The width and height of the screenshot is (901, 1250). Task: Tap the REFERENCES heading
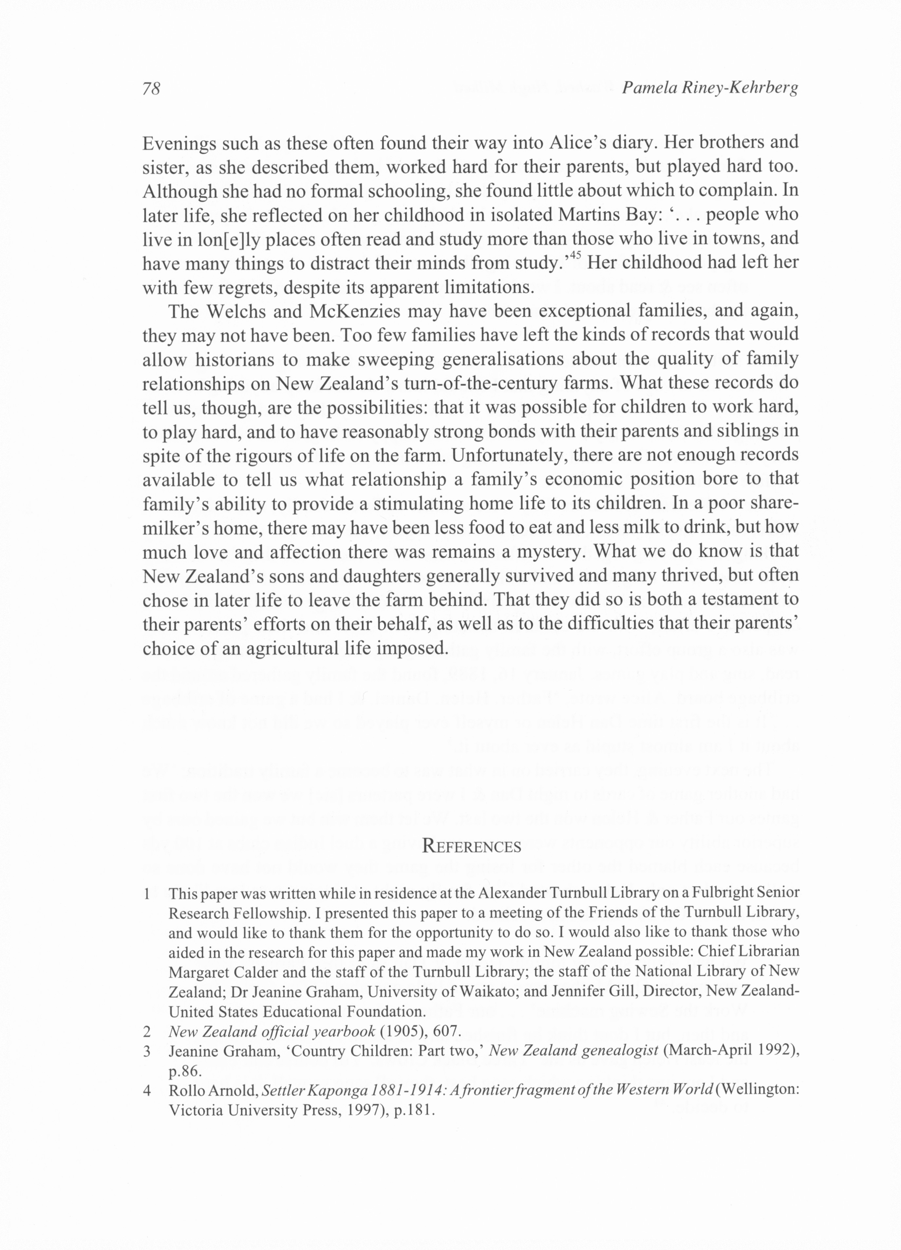click(471, 846)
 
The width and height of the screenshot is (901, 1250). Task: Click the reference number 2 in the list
click(147, 1031)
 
